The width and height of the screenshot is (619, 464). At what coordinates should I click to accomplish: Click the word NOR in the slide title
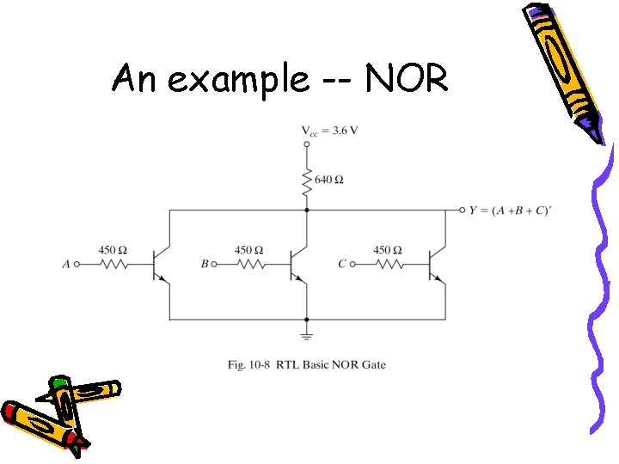point(407,80)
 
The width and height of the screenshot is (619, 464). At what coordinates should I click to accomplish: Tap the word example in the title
point(237,80)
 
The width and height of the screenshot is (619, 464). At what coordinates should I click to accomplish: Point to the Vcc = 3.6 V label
point(329,131)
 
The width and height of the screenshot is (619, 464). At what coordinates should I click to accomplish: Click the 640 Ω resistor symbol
point(307,180)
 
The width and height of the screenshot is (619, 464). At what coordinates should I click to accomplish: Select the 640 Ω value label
point(329,180)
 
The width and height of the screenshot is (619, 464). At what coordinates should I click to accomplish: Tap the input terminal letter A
point(66,265)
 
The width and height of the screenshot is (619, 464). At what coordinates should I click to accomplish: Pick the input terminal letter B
point(205,265)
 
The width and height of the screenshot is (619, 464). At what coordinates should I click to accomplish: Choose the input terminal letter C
point(342,265)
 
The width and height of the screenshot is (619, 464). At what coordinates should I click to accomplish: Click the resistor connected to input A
point(113,265)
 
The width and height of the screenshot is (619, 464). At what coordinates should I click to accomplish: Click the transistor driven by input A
point(160,265)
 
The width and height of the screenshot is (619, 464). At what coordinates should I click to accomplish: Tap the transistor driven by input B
point(297,265)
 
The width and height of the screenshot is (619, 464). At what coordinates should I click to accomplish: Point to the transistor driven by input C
point(435,265)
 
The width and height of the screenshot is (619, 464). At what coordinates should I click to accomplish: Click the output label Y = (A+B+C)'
point(509,211)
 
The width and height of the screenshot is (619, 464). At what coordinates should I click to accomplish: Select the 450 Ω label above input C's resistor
point(388,249)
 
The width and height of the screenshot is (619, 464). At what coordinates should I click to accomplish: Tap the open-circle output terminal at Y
point(462,210)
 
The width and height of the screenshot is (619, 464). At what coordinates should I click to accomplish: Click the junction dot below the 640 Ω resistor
point(307,210)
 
